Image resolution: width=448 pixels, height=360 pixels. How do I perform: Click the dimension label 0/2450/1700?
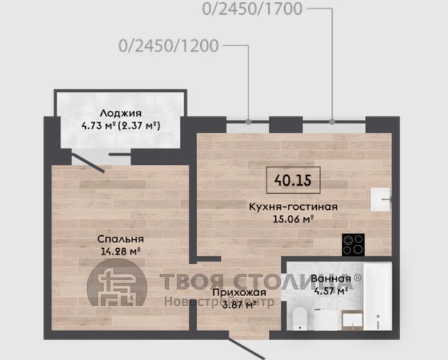252,8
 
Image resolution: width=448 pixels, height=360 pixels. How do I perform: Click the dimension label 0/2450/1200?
168,46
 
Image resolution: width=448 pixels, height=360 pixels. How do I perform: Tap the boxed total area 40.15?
293,180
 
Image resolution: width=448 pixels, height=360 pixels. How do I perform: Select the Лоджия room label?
120,113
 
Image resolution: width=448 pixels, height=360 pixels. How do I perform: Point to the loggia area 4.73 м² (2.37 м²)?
120,125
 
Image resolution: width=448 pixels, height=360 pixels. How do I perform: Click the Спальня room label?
120,239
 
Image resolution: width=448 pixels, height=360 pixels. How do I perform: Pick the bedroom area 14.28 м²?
120,251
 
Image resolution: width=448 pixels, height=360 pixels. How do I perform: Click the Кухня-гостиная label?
293,207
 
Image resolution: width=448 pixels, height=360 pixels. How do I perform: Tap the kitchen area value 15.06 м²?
293,219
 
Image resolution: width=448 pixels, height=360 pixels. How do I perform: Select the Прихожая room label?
239,292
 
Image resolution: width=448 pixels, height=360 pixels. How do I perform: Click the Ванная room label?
331,278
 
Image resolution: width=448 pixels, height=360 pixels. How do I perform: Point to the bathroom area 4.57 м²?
331,291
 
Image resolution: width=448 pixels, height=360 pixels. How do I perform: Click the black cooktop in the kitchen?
353,245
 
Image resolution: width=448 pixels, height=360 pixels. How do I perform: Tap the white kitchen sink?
380,200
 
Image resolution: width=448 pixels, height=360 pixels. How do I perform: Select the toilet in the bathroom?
299,318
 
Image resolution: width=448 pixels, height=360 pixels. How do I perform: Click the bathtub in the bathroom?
377,296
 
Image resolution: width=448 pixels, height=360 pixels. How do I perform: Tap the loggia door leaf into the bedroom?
88,163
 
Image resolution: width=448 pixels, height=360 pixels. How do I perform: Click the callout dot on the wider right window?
332,121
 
